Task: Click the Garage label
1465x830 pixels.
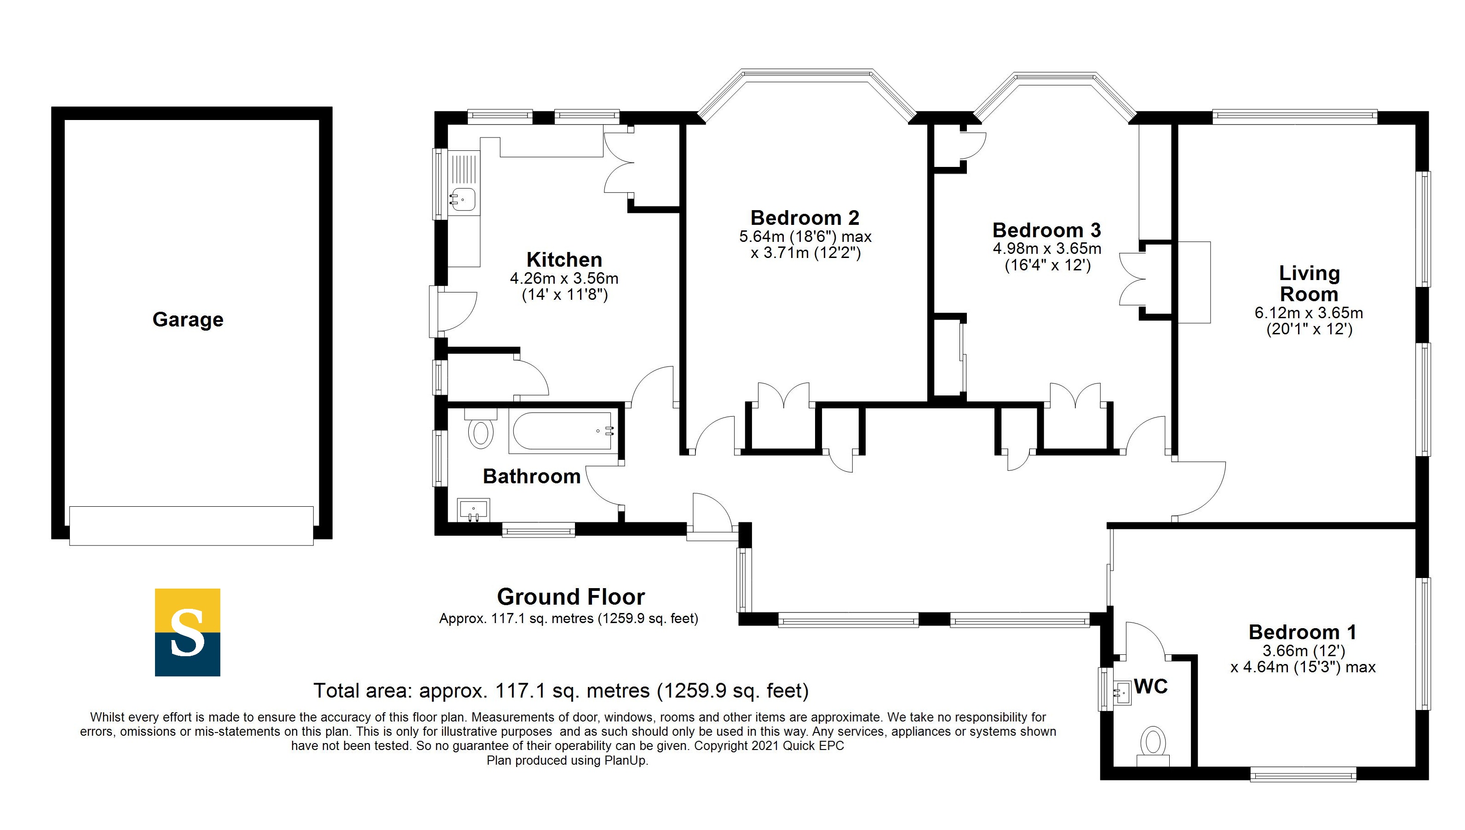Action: coord(188,320)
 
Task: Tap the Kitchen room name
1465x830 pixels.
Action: coord(564,260)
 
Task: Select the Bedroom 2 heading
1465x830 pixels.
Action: coord(805,218)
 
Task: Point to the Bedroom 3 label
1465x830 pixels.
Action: coord(1046,230)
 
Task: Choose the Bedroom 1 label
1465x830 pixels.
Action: coord(1303,632)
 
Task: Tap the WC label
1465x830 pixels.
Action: coord(1151,687)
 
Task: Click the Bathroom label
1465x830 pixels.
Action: coord(531,476)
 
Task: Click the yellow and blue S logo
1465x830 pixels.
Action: coord(188,632)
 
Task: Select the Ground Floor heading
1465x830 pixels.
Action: coord(571,597)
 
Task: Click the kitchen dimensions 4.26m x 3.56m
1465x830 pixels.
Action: coord(564,278)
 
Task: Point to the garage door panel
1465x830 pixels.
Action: coord(191,526)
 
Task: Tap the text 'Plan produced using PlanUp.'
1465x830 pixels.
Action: coord(568,761)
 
